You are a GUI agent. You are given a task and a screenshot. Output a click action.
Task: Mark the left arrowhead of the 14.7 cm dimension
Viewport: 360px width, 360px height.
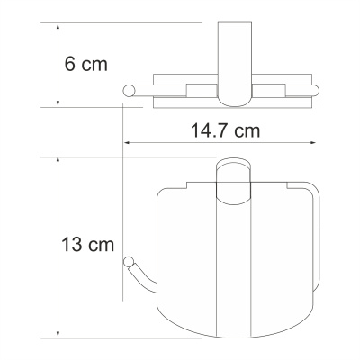[x=127, y=143]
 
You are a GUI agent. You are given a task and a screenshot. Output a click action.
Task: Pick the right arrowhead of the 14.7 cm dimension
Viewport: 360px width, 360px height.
[x=316, y=143]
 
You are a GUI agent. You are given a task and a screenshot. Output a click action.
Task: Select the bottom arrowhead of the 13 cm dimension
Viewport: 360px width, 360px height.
[x=58, y=332]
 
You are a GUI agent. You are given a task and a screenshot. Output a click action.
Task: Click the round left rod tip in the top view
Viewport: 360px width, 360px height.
[x=127, y=88]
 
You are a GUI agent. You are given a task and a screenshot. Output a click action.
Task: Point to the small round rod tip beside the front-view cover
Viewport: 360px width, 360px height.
[x=128, y=262]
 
